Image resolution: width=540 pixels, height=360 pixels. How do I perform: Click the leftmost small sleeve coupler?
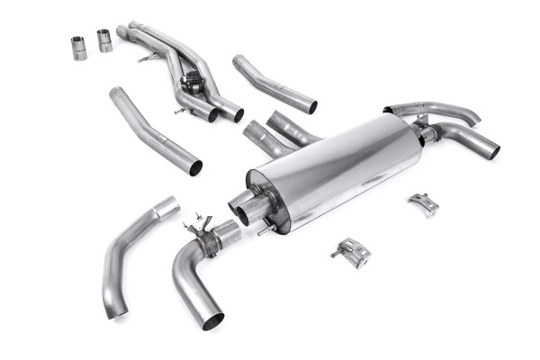[78, 48]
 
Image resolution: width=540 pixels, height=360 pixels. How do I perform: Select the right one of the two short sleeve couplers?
[105, 40]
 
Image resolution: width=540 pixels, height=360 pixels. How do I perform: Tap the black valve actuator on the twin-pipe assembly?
[192, 82]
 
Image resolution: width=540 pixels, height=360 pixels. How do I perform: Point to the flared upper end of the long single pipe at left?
[118, 94]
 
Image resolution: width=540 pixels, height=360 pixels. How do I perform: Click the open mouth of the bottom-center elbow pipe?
[211, 319]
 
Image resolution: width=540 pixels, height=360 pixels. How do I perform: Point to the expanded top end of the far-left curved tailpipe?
[166, 209]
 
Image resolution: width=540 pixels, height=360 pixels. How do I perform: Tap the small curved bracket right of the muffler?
[423, 203]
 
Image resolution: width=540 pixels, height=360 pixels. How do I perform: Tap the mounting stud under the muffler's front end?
[262, 229]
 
